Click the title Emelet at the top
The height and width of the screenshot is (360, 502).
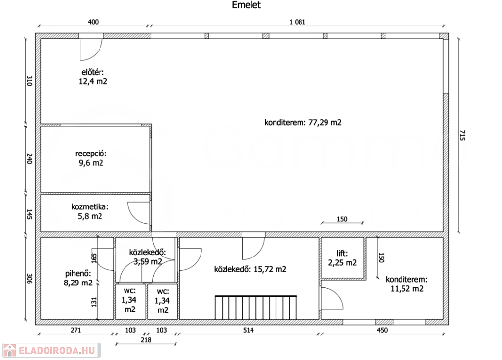[246, 5]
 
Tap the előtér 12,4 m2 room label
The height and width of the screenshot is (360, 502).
[93, 77]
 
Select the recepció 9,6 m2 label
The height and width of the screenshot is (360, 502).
[91, 158]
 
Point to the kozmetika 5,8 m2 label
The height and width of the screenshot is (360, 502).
[90, 211]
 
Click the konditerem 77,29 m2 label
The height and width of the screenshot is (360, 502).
[303, 122]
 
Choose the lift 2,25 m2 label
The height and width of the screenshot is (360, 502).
[342, 258]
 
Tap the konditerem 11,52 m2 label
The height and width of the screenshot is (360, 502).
[406, 284]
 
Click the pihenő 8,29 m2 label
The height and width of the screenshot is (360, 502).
[78, 278]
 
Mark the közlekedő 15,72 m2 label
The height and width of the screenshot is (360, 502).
[250, 269]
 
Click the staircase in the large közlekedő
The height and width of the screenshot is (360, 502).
[255, 308]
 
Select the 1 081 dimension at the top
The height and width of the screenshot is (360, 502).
[298, 22]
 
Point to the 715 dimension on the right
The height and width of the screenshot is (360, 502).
[462, 135]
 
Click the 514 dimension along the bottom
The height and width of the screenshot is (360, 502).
[249, 330]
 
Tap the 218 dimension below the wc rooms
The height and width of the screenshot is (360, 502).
[146, 340]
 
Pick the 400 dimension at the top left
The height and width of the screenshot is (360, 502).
[93, 22]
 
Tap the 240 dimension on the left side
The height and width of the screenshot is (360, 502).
[29, 159]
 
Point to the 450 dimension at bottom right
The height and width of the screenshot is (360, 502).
[382, 330]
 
